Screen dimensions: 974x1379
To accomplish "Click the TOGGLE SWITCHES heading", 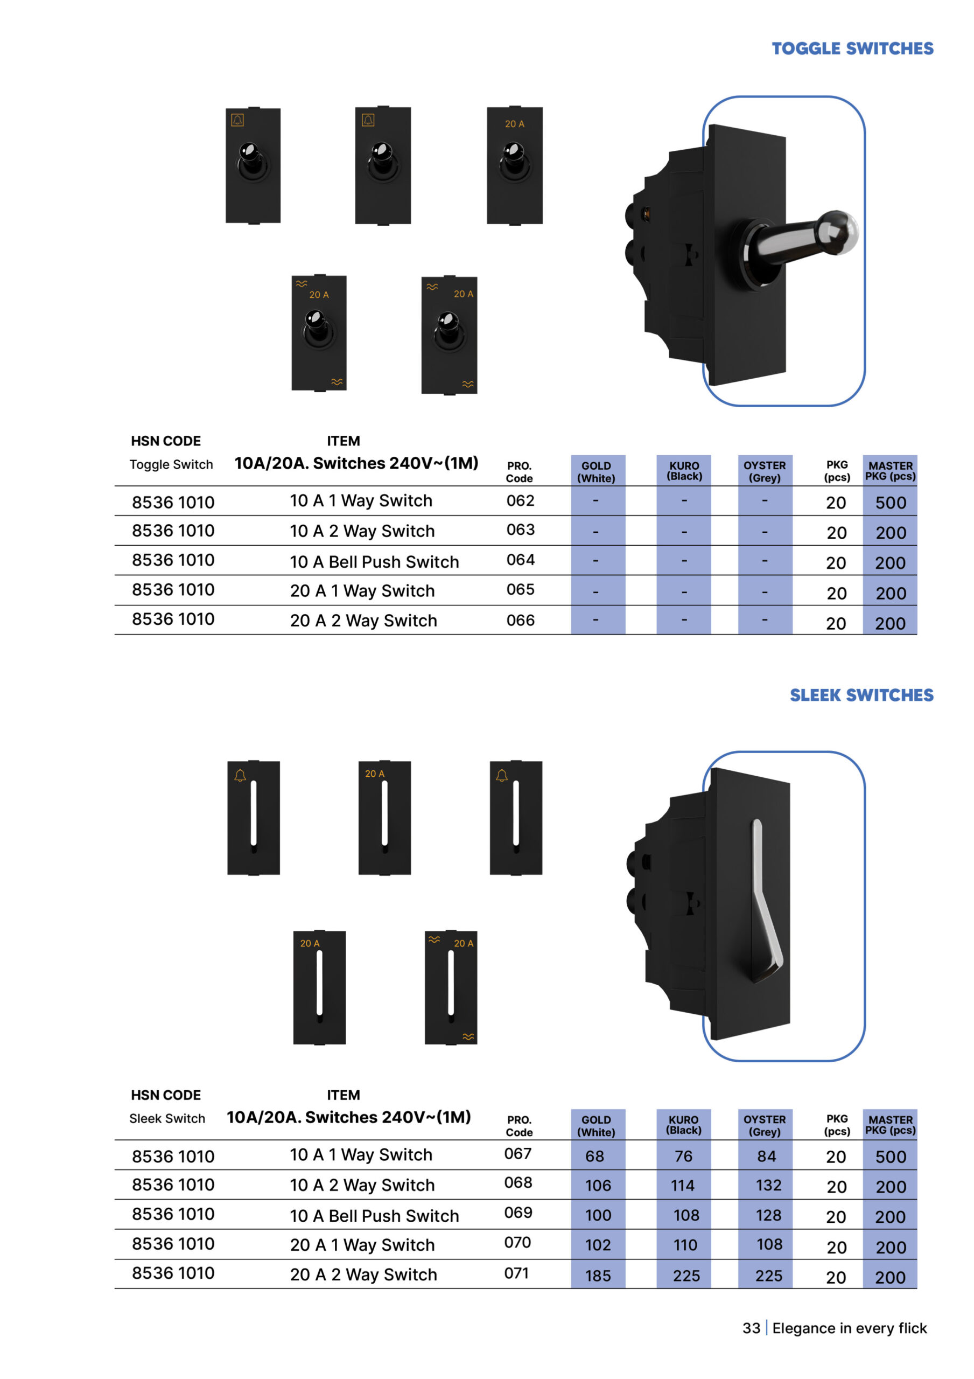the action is pyautogui.click(x=852, y=48).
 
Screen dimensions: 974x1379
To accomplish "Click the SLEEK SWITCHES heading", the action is pyautogui.click(x=861, y=695).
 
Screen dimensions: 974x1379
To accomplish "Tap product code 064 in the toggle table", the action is pyautogui.click(x=520, y=560).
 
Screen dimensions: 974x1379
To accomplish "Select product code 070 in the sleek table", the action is pyautogui.click(x=517, y=1242).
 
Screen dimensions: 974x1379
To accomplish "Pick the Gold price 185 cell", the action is pyautogui.click(x=598, y=1275).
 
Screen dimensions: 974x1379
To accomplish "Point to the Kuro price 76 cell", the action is pyautogui.click(x=683, y=1155).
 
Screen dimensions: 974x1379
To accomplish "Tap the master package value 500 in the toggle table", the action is pyautogui.click(x=890, y=503).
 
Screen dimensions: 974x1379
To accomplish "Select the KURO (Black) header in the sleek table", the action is pyautogui.click(x=683, y=1124).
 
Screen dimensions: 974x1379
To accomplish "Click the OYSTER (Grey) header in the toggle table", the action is pyautogui.click(x=765, y=471).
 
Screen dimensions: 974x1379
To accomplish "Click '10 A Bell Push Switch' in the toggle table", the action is pyautogui.click(x=374, y=562).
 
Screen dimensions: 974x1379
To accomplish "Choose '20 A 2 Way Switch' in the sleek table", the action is pyautogui.click(x=363, y=1274).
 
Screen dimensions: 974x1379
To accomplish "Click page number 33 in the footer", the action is pyautogui.click(x=751, y=1328).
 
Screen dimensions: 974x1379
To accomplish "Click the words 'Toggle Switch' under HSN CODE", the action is pyautogui.click(x=171, y=465).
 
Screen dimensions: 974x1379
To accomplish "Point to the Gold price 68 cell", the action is pyautogui.click(x=594, y=1155).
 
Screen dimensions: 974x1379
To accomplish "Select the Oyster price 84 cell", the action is pyautogui.click(x=766, y=1155).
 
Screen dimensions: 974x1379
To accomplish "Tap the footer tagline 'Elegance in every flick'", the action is pyautogui.click(x=850, y=1328).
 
